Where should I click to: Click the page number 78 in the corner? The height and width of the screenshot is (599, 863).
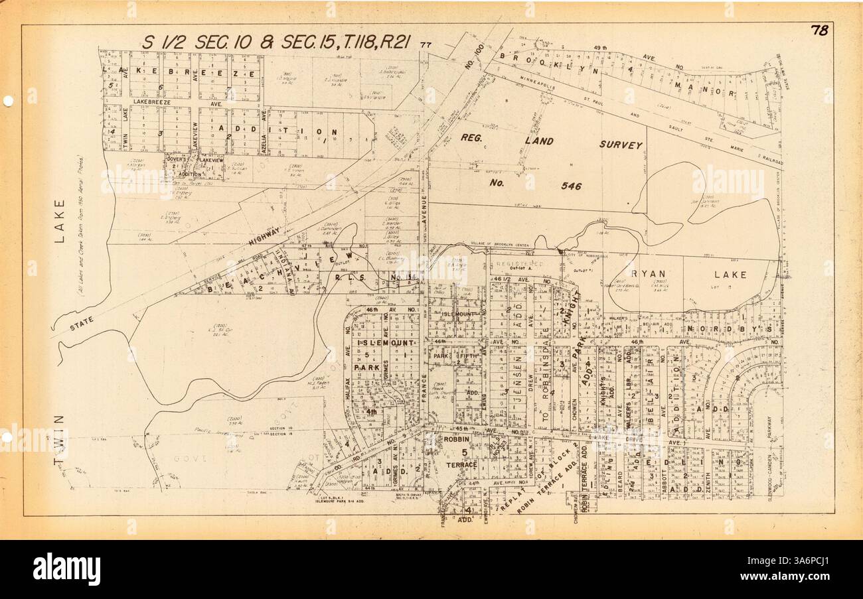click(x=818, y=31)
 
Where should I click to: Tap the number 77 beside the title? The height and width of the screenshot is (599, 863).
click(x=426, y=45)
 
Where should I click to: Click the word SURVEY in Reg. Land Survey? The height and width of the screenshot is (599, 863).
click(x=621, y=145)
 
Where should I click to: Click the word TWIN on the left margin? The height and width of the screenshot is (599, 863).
click(x=59, y=438)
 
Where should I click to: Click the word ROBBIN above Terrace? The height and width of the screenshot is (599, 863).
click(x=457, y=439)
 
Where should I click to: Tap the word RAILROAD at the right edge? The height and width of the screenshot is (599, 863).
click(x=770, y=161)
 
